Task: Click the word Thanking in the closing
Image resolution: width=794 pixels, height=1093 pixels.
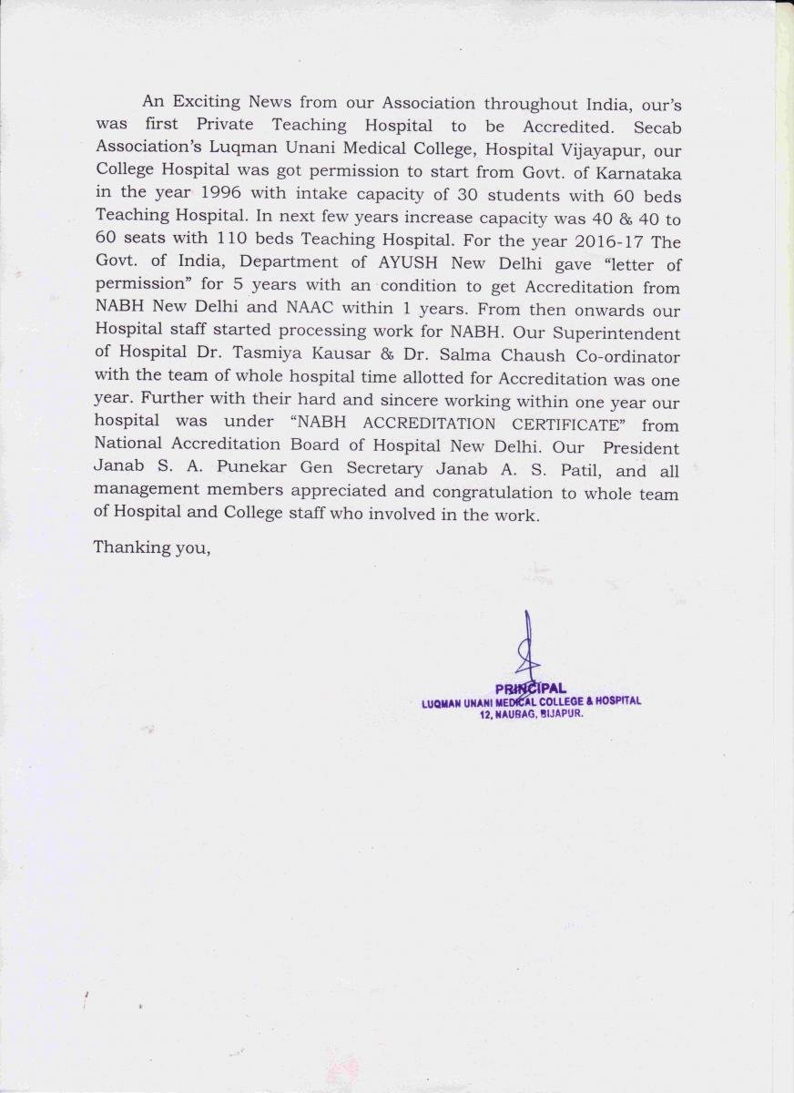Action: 126,547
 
